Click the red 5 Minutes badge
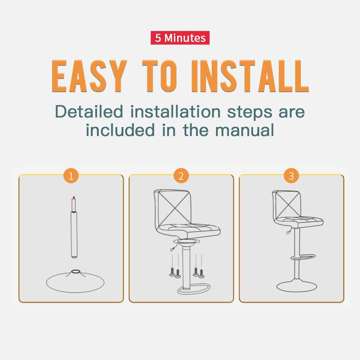[180, 38]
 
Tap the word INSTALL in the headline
[250, 76]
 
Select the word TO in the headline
[160, 76]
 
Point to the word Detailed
[89, 111]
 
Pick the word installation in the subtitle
[175, 111]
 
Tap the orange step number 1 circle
[71, 176]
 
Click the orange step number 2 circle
[181, 176]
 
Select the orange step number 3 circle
[291, 176]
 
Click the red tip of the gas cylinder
[74, 197]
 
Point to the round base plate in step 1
[75, 281]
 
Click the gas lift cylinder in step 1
[74, 228]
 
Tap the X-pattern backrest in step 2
[173, 208]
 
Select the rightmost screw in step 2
[201, 273]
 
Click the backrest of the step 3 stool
[286, 204]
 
